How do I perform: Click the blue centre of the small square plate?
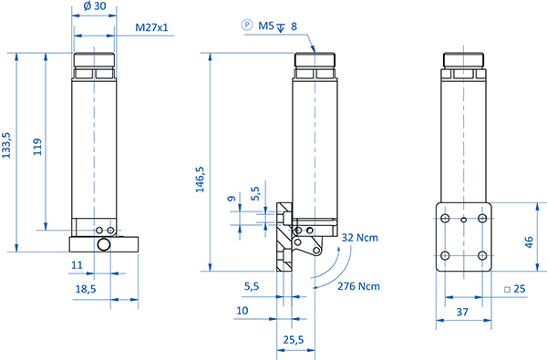(462, 238)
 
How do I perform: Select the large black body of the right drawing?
(387, 137)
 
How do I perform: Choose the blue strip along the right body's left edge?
(311, 137)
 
